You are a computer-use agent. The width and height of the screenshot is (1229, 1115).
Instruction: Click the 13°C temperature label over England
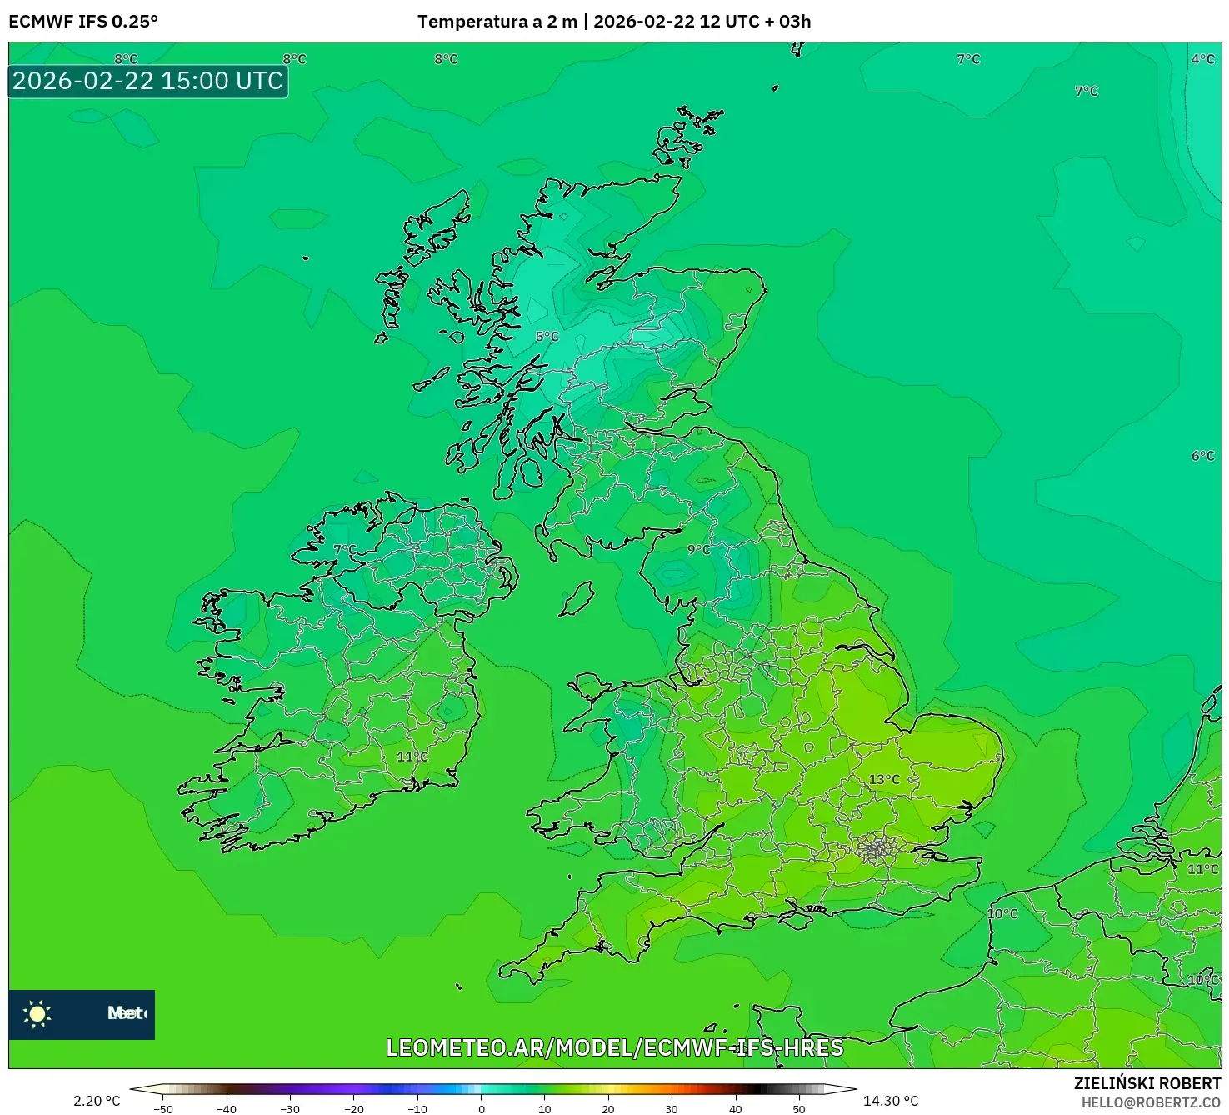point(884,779)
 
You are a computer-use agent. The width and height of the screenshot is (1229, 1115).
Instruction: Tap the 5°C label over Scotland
point(547,336)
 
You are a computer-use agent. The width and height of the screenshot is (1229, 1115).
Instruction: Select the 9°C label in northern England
point(699,549)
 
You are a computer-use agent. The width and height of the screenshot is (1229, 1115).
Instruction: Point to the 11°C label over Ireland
point(412,757)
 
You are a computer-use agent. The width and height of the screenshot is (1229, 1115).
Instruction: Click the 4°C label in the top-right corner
point(1202,59)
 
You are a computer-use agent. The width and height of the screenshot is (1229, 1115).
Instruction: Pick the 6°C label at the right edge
point(1202,456)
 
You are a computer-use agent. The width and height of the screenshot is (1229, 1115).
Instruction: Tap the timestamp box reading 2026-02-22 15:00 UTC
point(147,81)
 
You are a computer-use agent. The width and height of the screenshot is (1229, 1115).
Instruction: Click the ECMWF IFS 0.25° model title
point(83,22)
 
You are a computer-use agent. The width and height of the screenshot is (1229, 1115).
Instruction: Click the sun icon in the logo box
point(37,1013)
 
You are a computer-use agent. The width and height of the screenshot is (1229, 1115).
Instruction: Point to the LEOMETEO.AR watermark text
point(615,1047)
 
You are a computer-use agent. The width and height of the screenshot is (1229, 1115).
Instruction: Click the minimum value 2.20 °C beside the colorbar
point(97,1101)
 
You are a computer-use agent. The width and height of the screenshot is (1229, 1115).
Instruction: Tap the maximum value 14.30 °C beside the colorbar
point(891,1101)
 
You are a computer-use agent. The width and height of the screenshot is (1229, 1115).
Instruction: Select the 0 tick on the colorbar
point(482,1109)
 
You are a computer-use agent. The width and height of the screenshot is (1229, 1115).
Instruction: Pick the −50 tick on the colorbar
point(163,1109)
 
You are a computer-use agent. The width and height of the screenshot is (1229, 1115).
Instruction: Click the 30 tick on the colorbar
point(672,1109)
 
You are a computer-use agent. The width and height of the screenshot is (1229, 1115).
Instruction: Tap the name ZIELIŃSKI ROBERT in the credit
point(1147,1083)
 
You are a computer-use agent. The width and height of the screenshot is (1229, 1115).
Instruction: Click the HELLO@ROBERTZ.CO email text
point(1151,1102)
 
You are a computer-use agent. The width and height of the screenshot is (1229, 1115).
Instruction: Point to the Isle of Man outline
point(577,599)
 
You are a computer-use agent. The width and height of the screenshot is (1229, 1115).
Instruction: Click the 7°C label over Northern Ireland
point(345,550)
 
